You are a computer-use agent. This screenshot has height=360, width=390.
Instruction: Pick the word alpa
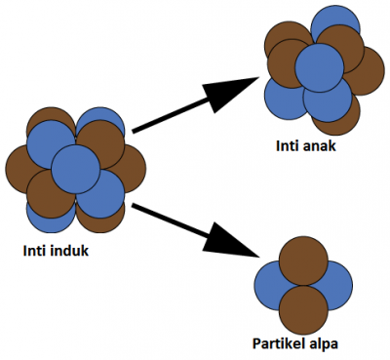[x=331, y=343]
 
